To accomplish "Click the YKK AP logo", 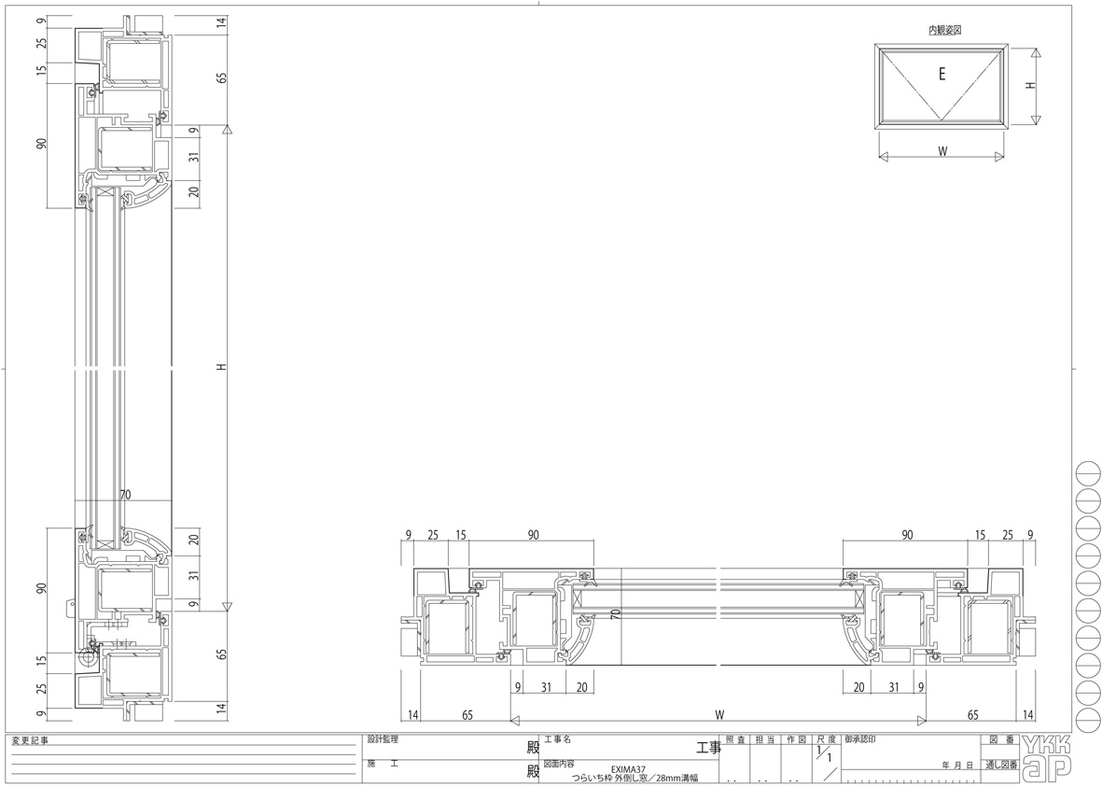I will pyautogui.click(x=1047, y=757).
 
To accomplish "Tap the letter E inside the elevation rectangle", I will pyautogui.click(x=942, y=75).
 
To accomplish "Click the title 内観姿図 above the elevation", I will pyautogui.click(x=944, y=30).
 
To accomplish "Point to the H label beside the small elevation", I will pyautogui.click(x=1029, y=84).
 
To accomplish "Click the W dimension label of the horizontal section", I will pyautogui.click(x=719, y=715).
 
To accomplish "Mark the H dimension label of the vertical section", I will pyautogui.click(x=221, y=367).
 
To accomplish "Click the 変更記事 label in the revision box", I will pyautogui.click(x=30, y=740).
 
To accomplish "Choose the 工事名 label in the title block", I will pyautogui.click(x=557, y=738).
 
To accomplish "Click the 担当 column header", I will pyautogui.click(x=765, y=739).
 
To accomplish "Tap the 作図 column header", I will pyautogui.click(x=795, y=739).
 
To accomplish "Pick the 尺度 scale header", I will pyautogui.click(x=826, y=739).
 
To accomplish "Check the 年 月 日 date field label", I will pyautogui.click(x=957, y=766).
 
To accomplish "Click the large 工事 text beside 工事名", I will pyautogui.click(x=708, y=747).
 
